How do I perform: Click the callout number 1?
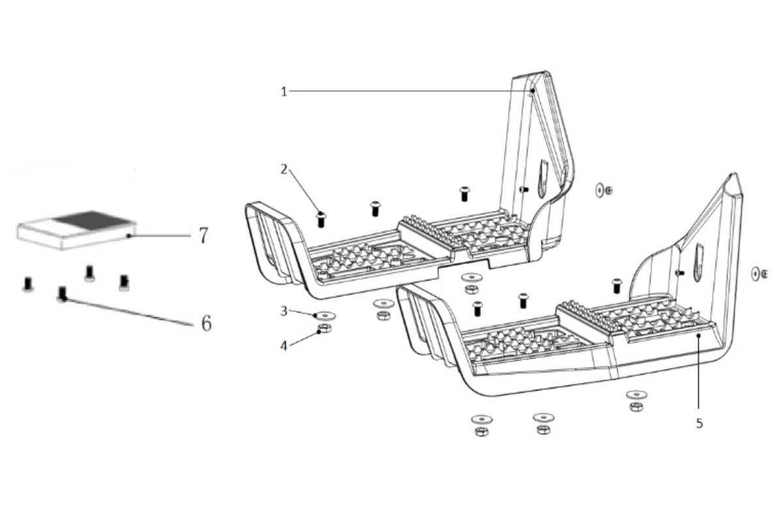tap(284, 92)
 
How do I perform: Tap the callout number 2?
tap(284, 170)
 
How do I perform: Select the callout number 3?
tap(284, 311)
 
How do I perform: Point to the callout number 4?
tap(283, 346)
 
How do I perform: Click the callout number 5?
tap(699, 424)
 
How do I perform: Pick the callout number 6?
tap(206, 324)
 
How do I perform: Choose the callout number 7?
tap(204, 236)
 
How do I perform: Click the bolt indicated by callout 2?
tap(321, 220)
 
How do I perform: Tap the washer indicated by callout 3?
tap(325, 316)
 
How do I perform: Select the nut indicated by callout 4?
tap(325, 328)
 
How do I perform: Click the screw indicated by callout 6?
tap(62, 294)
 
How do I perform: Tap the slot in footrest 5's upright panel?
tap(699, 262)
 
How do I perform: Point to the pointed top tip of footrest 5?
tap(735, 174)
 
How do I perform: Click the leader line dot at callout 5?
tap(699, 335)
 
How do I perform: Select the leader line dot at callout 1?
tap(532, 91)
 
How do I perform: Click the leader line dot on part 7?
tap(129, 236)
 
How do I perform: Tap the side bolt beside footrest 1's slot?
tap(523, 189)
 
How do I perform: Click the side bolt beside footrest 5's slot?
tap(680, 273)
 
